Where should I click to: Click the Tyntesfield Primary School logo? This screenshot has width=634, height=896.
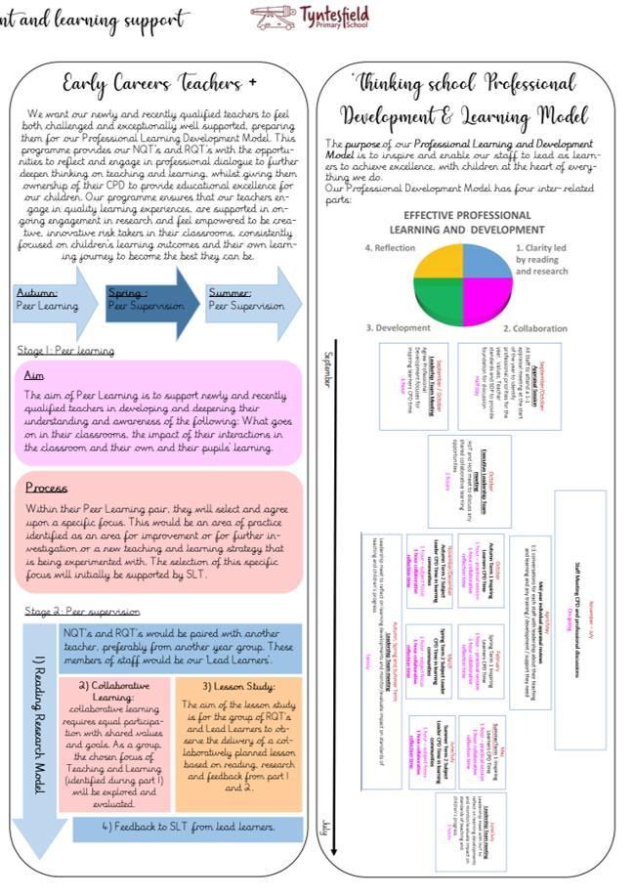click(x=299, y=17)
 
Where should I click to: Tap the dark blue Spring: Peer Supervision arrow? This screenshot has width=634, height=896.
click(x=148, y=299)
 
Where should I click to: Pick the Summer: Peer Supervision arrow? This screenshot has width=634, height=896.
click(x=249, y=299)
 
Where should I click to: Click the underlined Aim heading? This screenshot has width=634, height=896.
click(x=35, y=376)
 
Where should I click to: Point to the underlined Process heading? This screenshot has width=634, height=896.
click(x=46, y=488)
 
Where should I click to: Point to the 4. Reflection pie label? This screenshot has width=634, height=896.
click(x=390, y=248)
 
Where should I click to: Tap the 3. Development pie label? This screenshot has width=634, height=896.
click(x=398, y=328)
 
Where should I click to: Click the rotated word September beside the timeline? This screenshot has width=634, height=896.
click(x=326, y=368)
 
